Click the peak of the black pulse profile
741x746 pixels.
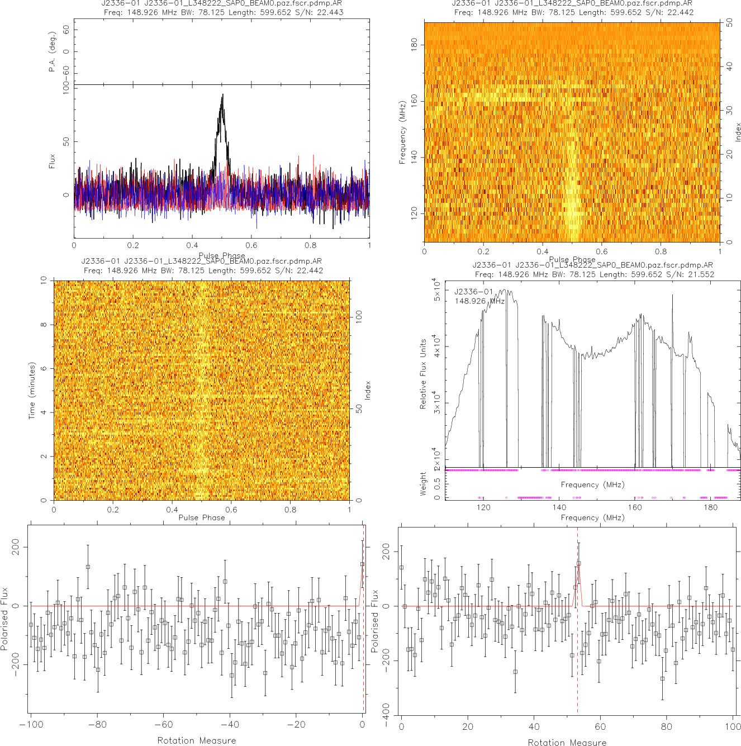pos(222,95)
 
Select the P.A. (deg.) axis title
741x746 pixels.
pos(52,51)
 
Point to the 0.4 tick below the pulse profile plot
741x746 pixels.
pos(192,245)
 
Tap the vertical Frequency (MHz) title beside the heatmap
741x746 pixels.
pos(402,132)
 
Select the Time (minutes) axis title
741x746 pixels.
pos(32,391)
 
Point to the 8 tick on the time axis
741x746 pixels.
pos(44,325)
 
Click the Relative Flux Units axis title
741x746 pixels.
pos(423,374)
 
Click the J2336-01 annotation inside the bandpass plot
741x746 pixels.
pos(474,292)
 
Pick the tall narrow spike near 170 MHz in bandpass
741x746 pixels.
pos(672,297)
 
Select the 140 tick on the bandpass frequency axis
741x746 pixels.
pos(559,507)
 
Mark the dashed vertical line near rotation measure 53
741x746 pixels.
pos(577,643)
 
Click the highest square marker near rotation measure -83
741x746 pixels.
pos(88,567)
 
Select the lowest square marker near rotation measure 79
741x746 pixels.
pos(662,679)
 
